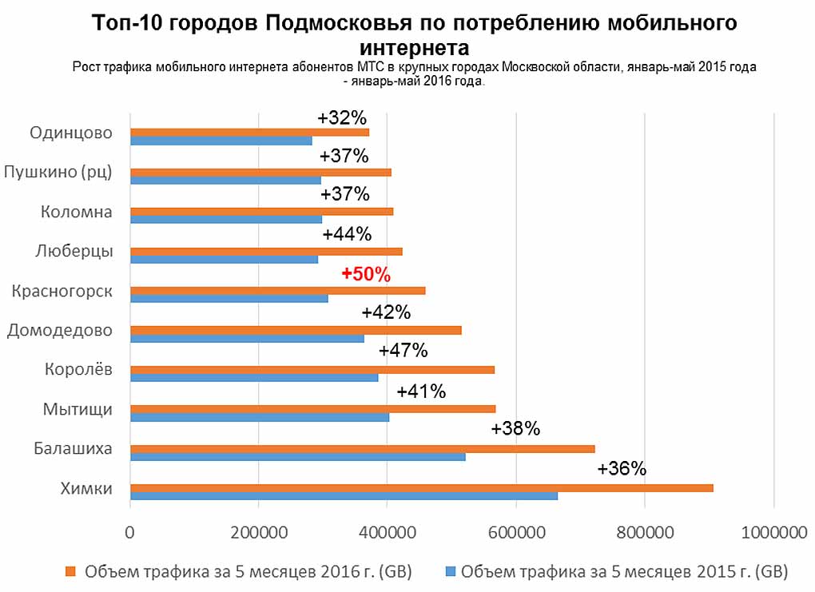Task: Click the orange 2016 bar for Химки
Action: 421,488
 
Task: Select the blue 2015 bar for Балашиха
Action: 297,457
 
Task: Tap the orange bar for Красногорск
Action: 277,290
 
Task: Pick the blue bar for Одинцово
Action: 221,141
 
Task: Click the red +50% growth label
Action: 366,274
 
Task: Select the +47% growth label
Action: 404,351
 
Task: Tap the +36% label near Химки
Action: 622,468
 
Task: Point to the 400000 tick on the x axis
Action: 387,530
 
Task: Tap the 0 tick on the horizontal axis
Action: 129,530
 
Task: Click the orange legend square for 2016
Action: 71,571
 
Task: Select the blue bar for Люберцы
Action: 224,259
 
